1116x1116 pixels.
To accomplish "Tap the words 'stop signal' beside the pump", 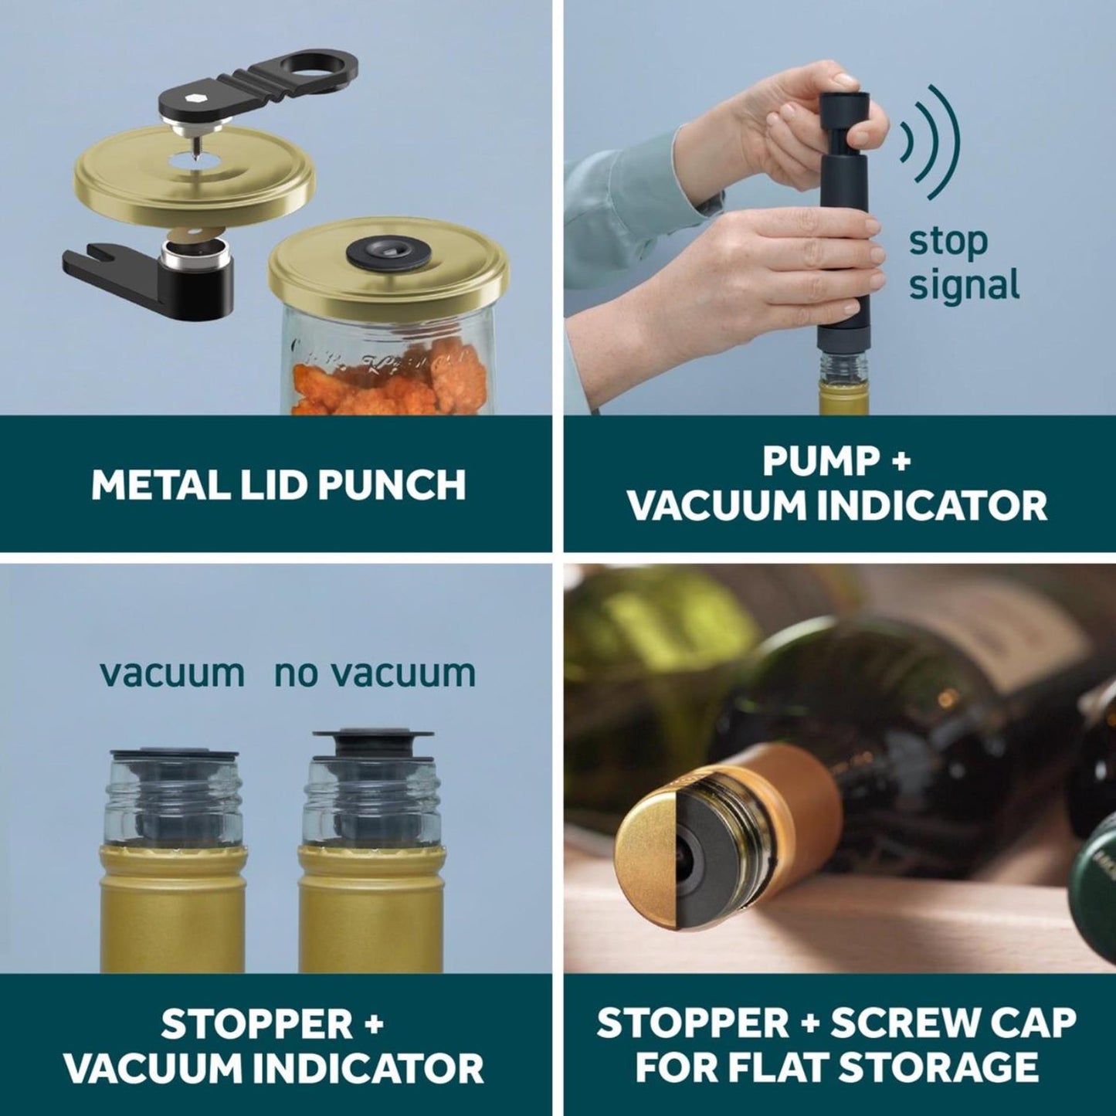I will click(x=964, y=263).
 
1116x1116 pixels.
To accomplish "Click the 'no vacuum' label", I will click(x=375, y=673).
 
